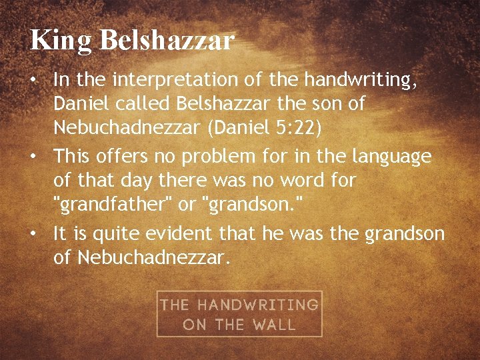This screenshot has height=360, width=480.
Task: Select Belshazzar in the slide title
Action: click(167, 40)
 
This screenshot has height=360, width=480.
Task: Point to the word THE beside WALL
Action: click(229, 325)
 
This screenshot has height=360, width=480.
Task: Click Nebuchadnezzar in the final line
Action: click(153, 257)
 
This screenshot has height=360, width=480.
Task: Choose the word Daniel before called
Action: click(76, 104)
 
